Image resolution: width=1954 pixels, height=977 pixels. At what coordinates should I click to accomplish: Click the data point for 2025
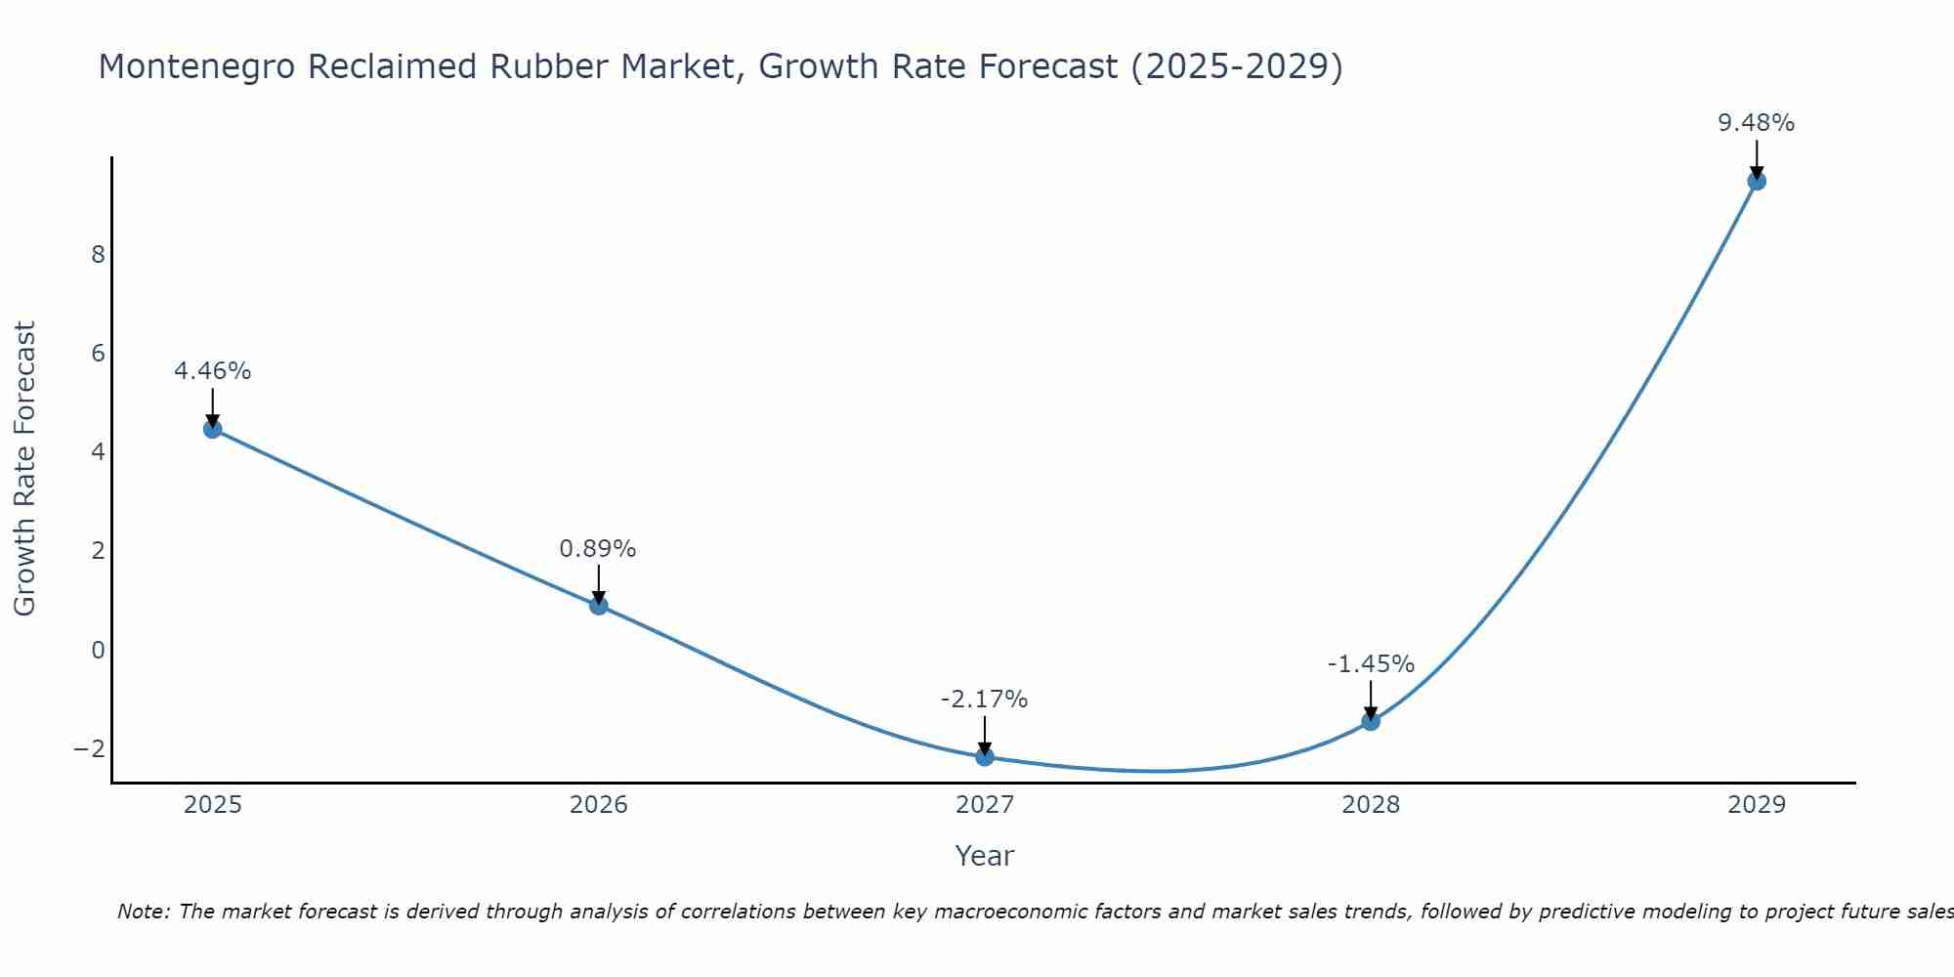coord(213,429)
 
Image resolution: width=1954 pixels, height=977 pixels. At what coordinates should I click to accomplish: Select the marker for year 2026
coord(599,606)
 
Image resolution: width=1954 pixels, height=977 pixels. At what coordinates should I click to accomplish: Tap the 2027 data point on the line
coord(985,756)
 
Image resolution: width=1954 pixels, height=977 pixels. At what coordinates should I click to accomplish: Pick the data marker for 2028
coord(1371,721)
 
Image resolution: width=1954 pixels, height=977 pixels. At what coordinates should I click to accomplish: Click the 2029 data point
coord(1757,181)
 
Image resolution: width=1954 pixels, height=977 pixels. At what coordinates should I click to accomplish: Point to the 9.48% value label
coord(1757,123)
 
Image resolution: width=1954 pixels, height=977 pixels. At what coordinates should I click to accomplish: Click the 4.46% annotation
coord(213,371)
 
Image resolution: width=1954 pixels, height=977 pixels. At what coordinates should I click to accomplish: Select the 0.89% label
coord(598,549)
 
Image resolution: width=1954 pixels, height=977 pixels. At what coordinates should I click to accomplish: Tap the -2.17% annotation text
coord(984,700)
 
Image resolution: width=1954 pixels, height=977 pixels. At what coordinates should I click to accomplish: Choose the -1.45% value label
coord(1371,664)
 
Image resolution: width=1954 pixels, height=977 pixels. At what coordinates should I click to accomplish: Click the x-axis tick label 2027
coord(985,805)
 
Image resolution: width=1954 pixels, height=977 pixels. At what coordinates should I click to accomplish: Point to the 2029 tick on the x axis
coord(1757,805)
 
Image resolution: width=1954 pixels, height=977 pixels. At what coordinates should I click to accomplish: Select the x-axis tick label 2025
coord(213,805)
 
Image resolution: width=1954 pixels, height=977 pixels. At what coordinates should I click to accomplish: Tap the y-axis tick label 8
coord(98,255)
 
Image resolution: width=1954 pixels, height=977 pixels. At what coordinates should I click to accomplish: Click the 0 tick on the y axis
coord(98,651)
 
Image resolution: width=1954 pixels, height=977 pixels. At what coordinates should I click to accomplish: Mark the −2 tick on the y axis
coord(90,749)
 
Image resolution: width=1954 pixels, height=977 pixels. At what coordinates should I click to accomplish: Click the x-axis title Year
coord(985,856)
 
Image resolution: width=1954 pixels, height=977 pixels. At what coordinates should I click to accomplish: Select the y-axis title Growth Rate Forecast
coord(25,469)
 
